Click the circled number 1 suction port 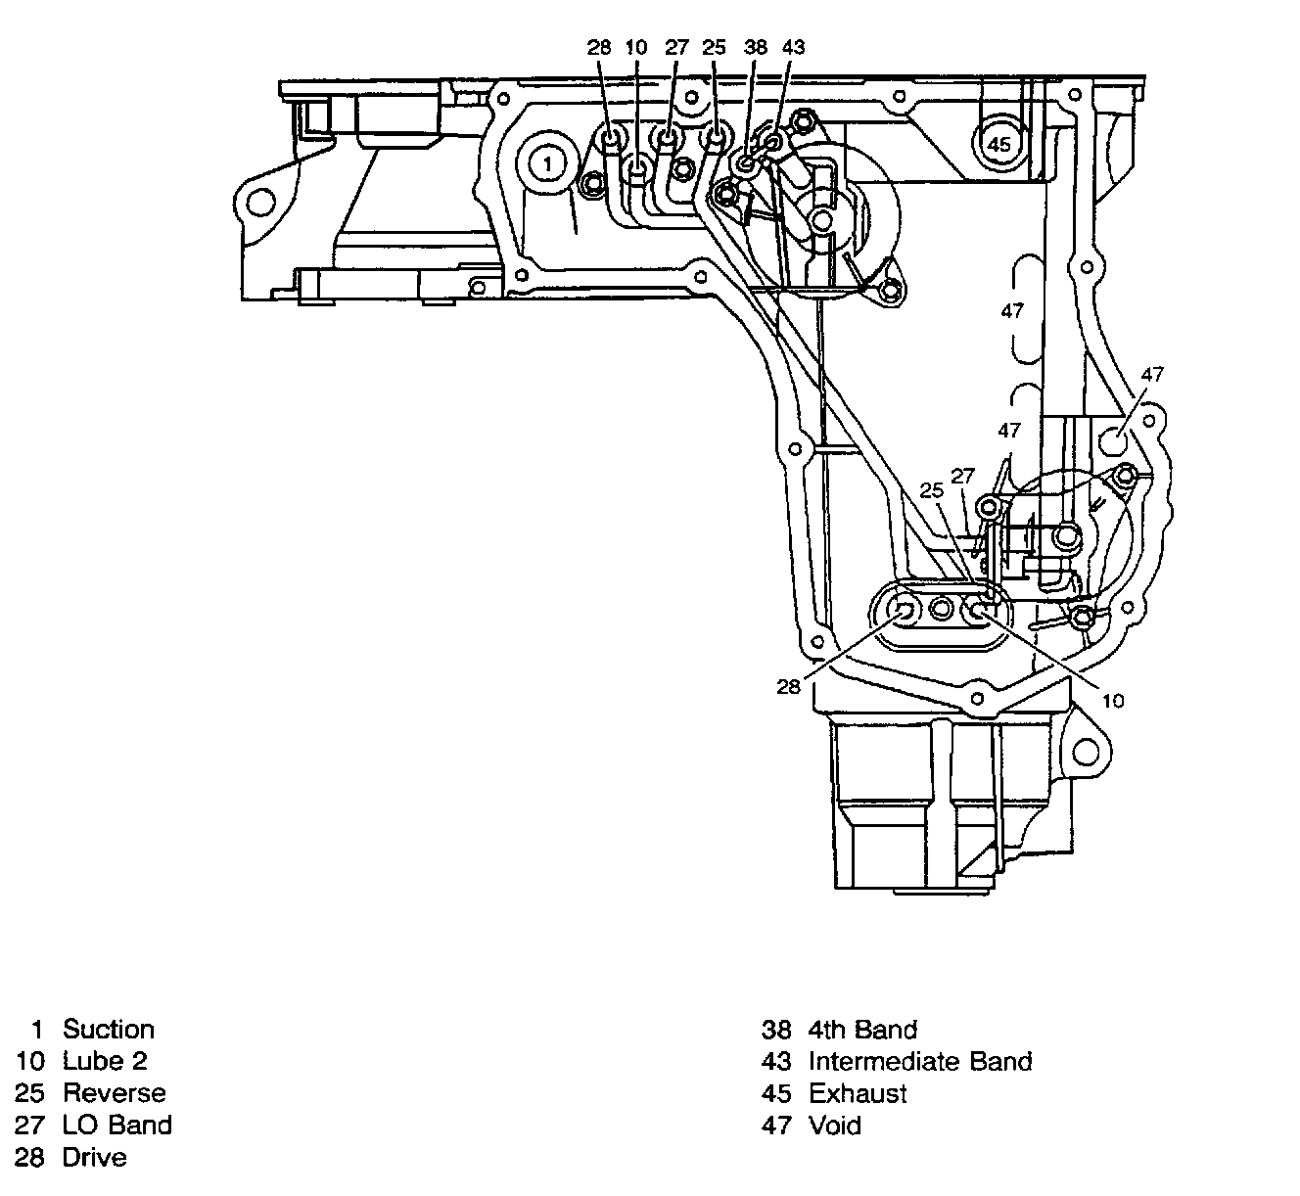point(548,163)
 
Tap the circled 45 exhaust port point(998,144)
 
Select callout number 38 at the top point(755,46)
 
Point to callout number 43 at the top point(793,46)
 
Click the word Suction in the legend point(109,1029)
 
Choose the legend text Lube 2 point(105,1061)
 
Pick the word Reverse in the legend point(115,1093)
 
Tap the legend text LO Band point(117,1126)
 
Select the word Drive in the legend point(95,1158)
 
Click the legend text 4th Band point(862,1029)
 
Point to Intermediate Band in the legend point(920,1061)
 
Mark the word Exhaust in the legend point(858,1093)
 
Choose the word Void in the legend point(835,1126)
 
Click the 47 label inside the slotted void point(1012,310)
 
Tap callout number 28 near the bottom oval point(789,686)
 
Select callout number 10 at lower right point(1113,700)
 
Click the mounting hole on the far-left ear point(260,203)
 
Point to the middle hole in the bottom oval point(941,610)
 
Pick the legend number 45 point(775,1093)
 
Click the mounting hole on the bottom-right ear point(1087,753)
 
